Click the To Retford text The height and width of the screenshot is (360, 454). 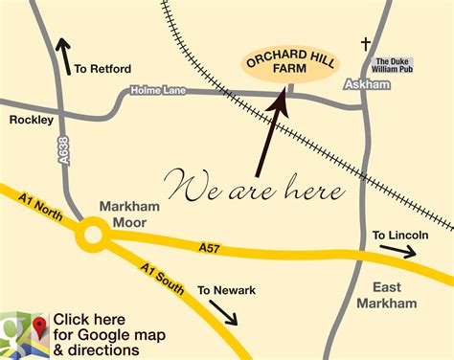point(102,69)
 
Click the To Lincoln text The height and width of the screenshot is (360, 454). point(399,235)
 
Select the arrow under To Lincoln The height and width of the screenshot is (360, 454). point(395,253)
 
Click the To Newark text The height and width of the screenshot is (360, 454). point(226,290)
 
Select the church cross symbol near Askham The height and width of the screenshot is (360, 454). point(364,43)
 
